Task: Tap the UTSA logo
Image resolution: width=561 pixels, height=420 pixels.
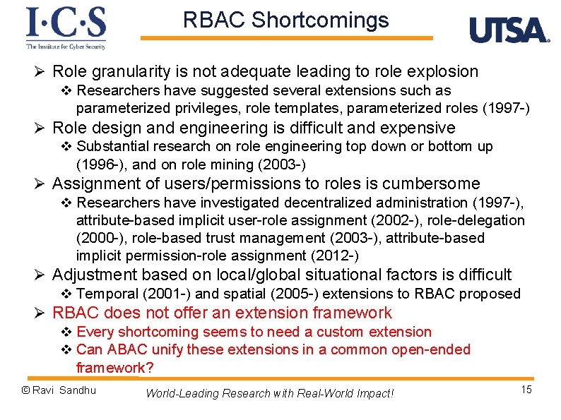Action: pos(509,30)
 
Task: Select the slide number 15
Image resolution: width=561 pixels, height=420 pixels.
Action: pos(526,390)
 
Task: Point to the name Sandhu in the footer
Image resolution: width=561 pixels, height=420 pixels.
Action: pos(78,390)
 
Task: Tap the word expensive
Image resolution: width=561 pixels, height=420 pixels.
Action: pos(420,128)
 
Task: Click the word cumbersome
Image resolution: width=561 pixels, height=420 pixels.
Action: pos(430,184)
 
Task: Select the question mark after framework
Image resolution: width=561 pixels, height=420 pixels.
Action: pos(150,368)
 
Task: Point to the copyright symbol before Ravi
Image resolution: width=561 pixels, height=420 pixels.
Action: pos(25,390)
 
